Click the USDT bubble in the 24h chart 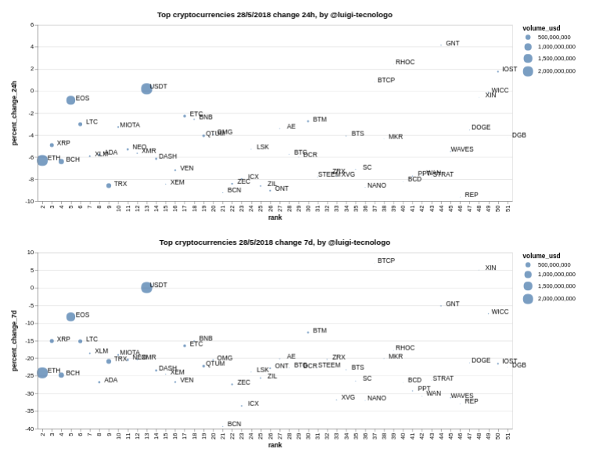click(x=146, y=88)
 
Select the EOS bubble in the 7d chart click(x=70, y=317)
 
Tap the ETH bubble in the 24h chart click(x=42, y=160)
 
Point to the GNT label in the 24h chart click(x=452, y=44)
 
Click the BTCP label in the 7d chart click(x=386, y=260)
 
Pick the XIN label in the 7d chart click(x=490, y=268)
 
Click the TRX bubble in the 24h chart click(x=109, y=185)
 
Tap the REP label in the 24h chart click(x=471, y=195)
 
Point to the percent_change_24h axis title click(x=14, y=113)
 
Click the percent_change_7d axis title click(x=14, y=340)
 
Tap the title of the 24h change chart click(x=274, y=15)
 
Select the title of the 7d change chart click(x=274, y=242)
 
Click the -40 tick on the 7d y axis click(x=30, y=429)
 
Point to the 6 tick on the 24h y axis click(x=32, y=24)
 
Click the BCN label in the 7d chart click(x=234, y=424)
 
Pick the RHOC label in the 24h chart click(x=405, y=63)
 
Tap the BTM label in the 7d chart click(x=319, y=331)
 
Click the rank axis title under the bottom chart click(x=274, y=445)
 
